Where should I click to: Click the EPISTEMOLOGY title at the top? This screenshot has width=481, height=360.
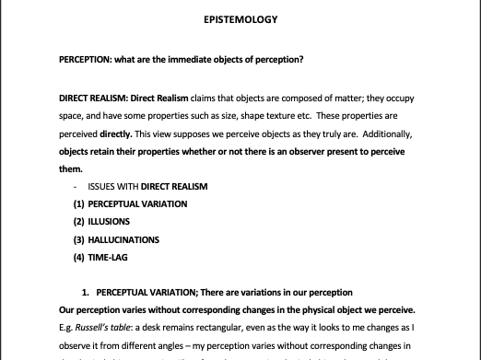pyautogui.click(x=240, y=18)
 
